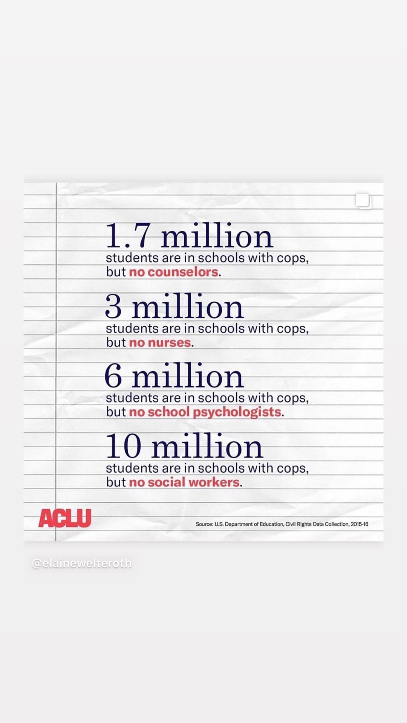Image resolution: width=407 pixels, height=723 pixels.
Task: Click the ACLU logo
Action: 65,518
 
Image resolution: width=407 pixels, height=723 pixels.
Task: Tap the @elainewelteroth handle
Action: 82,563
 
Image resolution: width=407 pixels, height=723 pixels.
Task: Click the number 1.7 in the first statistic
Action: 127,236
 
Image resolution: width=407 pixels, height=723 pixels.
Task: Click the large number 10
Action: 124,446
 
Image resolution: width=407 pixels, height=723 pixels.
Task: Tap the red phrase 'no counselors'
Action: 174,272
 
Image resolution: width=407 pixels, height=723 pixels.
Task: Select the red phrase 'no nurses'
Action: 160,343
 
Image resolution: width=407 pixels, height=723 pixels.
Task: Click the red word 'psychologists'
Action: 237,412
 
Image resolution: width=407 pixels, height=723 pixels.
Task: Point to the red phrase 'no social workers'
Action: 184,482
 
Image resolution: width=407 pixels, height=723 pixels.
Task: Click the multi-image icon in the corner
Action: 364,201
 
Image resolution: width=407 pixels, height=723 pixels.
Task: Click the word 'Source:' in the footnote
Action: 204,524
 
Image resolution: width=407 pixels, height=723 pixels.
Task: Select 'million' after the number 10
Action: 207,447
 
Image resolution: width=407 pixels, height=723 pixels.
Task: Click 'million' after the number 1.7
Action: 217,237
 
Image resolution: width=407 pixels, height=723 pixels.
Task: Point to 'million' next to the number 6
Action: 188,377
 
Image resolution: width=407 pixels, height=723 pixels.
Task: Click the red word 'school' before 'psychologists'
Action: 168,412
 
